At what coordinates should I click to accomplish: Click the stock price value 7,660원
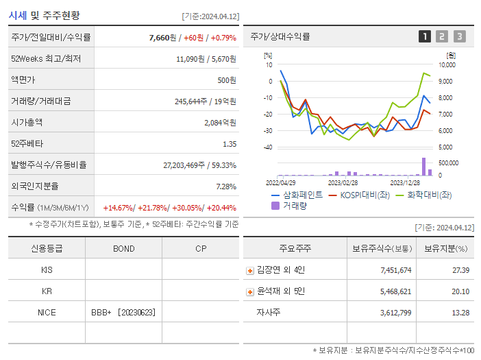tap(164, 37)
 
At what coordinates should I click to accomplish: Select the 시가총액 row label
tap(27, 122)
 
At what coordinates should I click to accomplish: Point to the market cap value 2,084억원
tap(220, 122)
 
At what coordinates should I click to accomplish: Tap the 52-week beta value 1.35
tap(230, 143)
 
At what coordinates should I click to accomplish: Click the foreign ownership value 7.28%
tap(225, 186)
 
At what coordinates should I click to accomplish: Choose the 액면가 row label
tap(23, 80)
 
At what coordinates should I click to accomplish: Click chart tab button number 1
tap(425, 36)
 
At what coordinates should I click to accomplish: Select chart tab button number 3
tap(459, 36)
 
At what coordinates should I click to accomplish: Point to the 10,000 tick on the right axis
tap(446, 65)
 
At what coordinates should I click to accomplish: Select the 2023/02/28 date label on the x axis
tap(343, 183)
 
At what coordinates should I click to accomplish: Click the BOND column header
tap(123, 248)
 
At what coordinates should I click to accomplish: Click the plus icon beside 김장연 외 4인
tap(249, 271)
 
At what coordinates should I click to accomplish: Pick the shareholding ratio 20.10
tap(460, 291)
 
